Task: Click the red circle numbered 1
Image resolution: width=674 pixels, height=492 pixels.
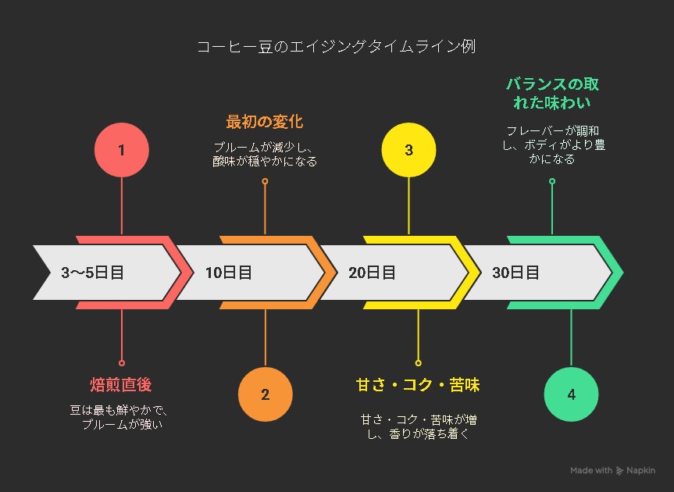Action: point(122,149)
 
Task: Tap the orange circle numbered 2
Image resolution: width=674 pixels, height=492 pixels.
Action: point(266,394)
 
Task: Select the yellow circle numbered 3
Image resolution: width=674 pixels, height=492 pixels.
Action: point(408,149)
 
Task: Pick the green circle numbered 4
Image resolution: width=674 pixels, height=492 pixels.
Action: point(571,394)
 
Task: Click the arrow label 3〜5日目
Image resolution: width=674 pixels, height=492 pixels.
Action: point(92,273)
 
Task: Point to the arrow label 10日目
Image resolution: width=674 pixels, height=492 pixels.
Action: point(228,273)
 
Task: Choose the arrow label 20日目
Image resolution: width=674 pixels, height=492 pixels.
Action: point(372,273)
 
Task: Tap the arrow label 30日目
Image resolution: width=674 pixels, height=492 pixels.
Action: point(515,273)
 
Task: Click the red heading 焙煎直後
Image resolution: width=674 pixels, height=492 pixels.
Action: point(121,384)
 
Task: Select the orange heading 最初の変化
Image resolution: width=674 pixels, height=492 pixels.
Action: point(265,122)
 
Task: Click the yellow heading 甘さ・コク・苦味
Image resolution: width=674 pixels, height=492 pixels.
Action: point(418,384)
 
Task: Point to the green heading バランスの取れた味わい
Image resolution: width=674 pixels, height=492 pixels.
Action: point(552,93)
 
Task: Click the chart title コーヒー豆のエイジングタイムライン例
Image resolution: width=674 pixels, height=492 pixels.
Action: point(337,46)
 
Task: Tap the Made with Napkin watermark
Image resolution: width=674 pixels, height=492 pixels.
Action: point(612,470)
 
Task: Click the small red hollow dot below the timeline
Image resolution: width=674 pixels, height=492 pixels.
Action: point(122,363)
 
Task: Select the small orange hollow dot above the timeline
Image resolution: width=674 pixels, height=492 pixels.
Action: point(266,181)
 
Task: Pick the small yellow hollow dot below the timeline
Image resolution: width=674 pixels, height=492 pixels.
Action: point(419,363)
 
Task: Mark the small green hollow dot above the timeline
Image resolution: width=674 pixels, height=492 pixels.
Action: point(552,181)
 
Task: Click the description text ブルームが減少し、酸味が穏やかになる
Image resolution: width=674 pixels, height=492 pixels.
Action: point(265,155)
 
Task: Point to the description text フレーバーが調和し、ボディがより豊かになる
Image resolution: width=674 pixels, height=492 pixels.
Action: point(554,144)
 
